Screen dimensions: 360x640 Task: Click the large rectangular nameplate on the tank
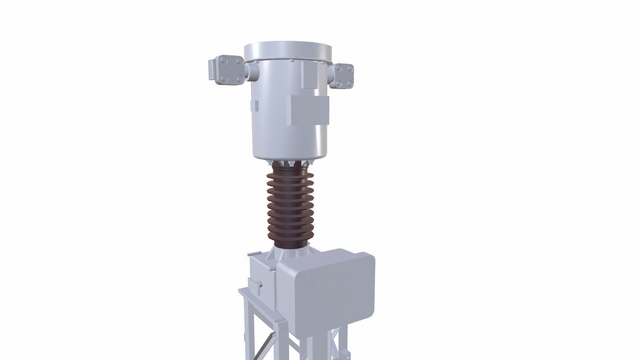308,110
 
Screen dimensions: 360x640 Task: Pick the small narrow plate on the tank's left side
257,106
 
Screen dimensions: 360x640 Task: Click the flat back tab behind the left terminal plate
211,70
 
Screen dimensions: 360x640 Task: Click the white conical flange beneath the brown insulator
289,252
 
